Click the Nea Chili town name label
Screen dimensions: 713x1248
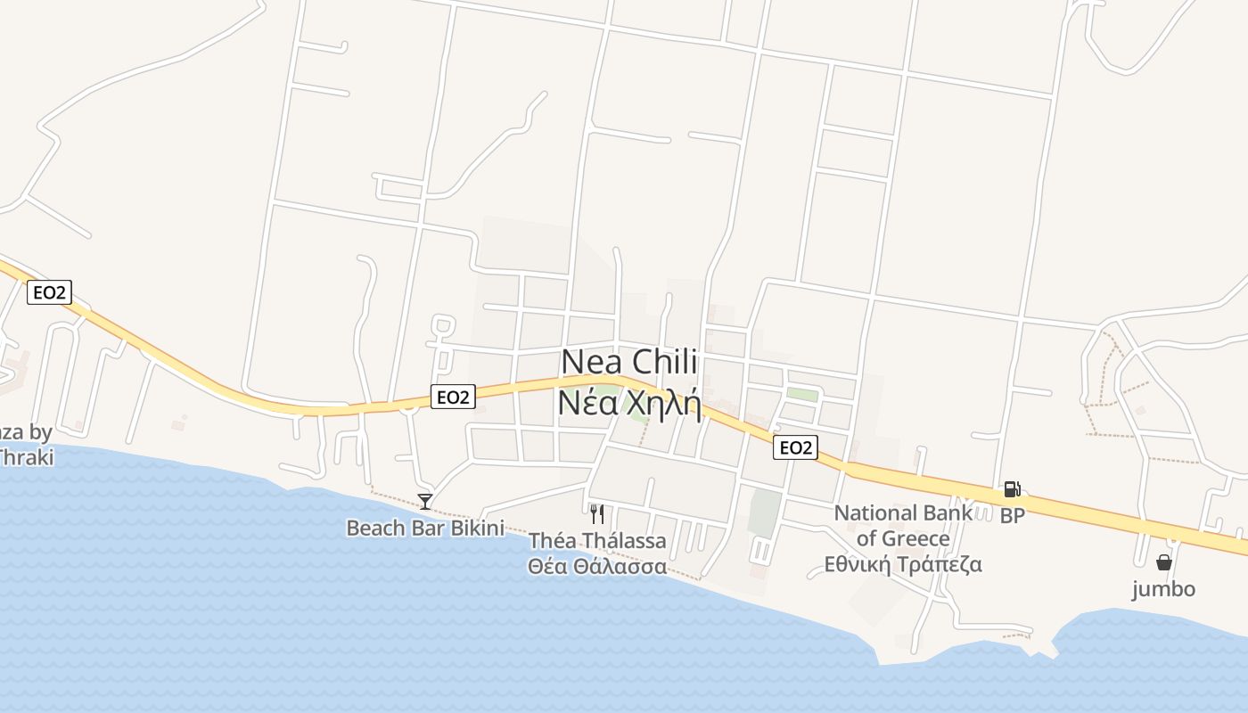click(629, 363)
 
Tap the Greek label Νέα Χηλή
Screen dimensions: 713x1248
click(629, 402)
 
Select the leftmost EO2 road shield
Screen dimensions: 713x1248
click(49, 292)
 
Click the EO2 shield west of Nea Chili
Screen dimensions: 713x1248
click(453, 397)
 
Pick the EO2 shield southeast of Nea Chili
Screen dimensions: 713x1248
click(794, 447)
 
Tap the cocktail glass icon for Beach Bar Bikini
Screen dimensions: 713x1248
click(425, 502)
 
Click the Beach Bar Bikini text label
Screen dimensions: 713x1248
click(425, 528)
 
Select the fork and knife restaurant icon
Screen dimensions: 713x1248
click(597, 514)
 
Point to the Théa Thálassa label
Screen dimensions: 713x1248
click(597, 541)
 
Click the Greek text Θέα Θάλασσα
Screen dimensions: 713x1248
click(597, 567)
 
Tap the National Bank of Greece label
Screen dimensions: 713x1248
click(903, 525)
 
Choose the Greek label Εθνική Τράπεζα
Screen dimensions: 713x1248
click(903, 564)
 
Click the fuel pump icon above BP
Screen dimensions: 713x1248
click(1012, 488)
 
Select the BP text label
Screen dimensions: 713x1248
click(1012, 515)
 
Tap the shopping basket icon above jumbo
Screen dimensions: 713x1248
click(1163, 562)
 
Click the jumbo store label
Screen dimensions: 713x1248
click(1163, 588)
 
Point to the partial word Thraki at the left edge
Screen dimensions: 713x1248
click(26, 457)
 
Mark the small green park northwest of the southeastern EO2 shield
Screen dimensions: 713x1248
click(802, 394)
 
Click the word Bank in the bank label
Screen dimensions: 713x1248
click(948, 512)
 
